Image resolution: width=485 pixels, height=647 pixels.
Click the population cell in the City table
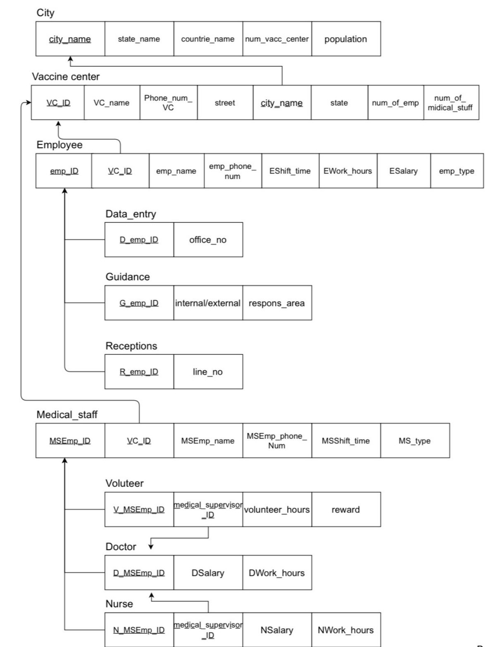coord(346,39)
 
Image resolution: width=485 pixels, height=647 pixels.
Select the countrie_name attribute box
coord(208,39)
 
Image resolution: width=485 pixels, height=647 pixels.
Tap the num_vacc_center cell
coord(277,39)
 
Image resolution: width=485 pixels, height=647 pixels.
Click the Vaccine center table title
coord(66,77)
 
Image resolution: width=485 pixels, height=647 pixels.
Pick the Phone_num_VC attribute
coord(168,103)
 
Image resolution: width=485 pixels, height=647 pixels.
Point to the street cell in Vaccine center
coord(225,103)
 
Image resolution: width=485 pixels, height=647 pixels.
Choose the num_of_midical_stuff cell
coord(451,103)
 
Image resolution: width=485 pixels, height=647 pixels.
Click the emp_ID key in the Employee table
coord(64,171)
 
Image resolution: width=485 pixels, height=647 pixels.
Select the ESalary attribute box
coord(403,171)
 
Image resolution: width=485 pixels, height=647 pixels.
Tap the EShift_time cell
coord(290,171)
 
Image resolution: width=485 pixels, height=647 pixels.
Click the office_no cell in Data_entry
coord(208,240)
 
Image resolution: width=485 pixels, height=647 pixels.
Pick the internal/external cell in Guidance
coord(208,303)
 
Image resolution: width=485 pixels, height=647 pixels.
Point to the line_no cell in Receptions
coord(208,372)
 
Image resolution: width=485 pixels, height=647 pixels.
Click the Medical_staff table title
coord(67,415)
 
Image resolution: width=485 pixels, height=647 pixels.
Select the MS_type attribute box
coord(415,441)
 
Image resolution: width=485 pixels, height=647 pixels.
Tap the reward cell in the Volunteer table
coord(346,510)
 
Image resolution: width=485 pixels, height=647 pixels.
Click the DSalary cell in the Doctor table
coord(208,573)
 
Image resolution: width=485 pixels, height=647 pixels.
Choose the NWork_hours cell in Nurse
coord(346,630)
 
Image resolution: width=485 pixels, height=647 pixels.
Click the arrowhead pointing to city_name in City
coord(70,59)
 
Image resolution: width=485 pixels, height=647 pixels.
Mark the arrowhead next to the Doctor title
coord(151,546)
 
